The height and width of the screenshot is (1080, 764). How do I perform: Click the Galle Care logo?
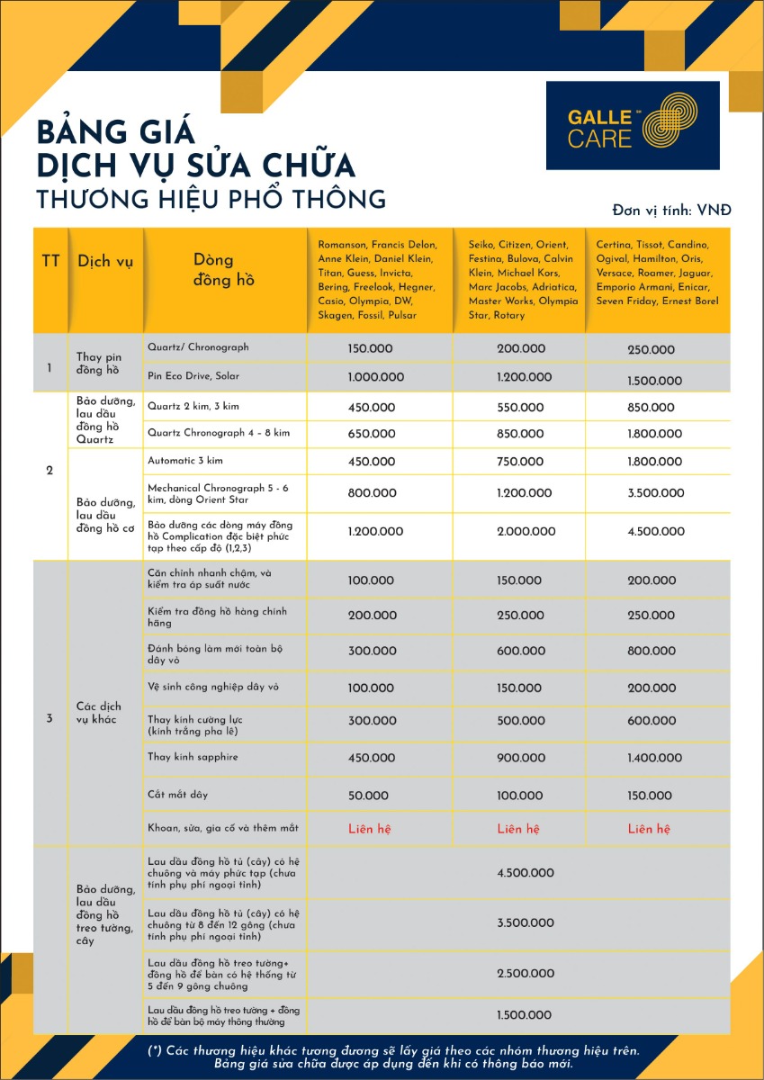633,126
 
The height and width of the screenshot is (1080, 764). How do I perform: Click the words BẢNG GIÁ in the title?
115,131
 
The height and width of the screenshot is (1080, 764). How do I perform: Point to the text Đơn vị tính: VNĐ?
671,210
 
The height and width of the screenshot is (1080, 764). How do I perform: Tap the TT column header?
50,262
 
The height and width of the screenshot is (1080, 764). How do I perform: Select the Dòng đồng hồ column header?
224,269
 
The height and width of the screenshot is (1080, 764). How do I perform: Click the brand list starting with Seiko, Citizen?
523,280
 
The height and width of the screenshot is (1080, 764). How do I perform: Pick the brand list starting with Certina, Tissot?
658,273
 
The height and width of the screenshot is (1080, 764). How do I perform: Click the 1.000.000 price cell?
376,377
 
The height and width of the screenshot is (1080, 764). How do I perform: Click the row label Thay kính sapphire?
193,757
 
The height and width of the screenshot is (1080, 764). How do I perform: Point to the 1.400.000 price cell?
654,759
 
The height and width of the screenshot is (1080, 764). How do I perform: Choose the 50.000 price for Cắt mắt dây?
369,796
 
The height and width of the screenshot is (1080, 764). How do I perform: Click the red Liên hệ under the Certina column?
649,828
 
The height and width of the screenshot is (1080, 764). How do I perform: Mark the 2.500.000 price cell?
525,974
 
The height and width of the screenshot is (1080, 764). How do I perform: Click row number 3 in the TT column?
49,717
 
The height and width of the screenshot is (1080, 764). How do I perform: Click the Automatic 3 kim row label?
185,461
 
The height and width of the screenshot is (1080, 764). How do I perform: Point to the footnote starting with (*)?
393,1057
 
